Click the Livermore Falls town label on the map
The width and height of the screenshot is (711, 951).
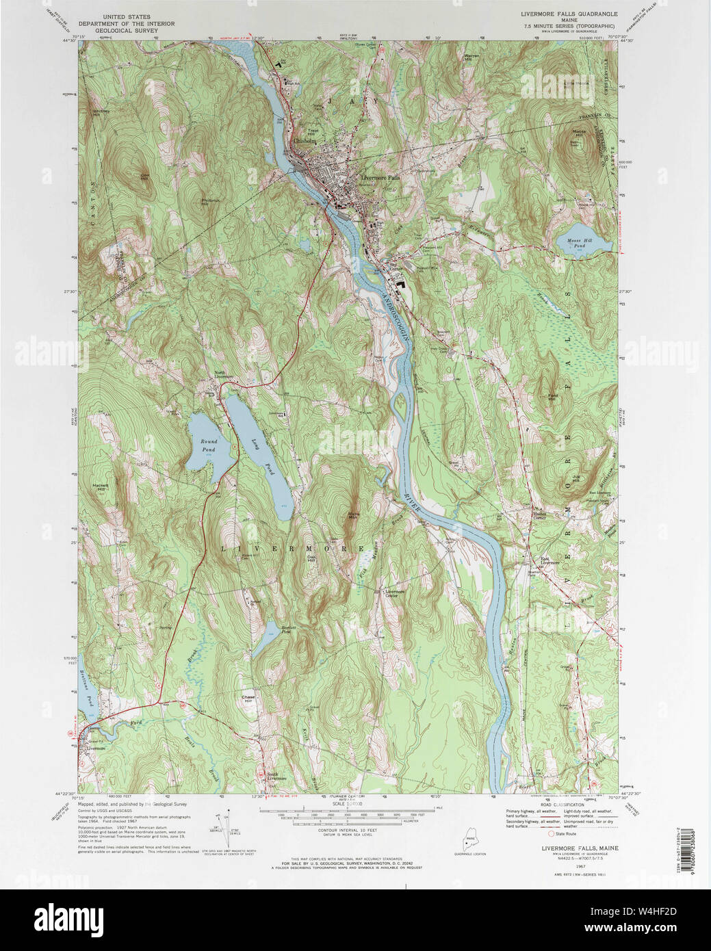click(x=380, y=178)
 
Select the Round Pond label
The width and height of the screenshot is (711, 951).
click(x=208, y=445)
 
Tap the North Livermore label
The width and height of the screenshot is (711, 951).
click(x=224, y=374)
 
